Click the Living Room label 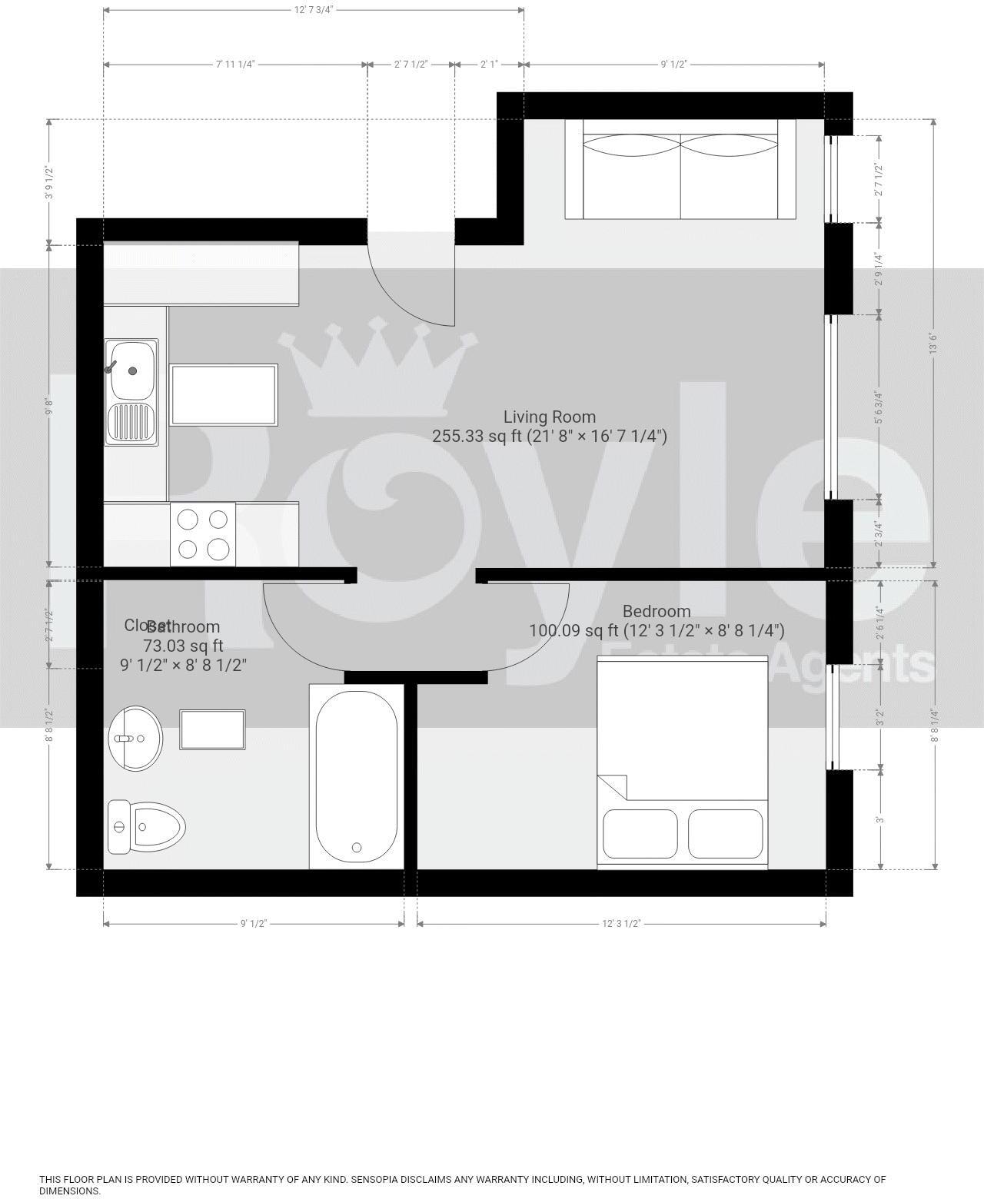(549, 417)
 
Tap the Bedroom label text (656, 612)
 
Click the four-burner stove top (203, 534)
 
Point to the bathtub (356, 777)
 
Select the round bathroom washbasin (135, 738)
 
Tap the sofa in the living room (680, 169)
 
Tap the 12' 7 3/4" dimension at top (313, 10)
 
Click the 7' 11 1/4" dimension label (234, 64)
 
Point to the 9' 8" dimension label (50, 406)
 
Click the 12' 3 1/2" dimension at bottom (621, 923)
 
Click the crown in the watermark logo (377, 369)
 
